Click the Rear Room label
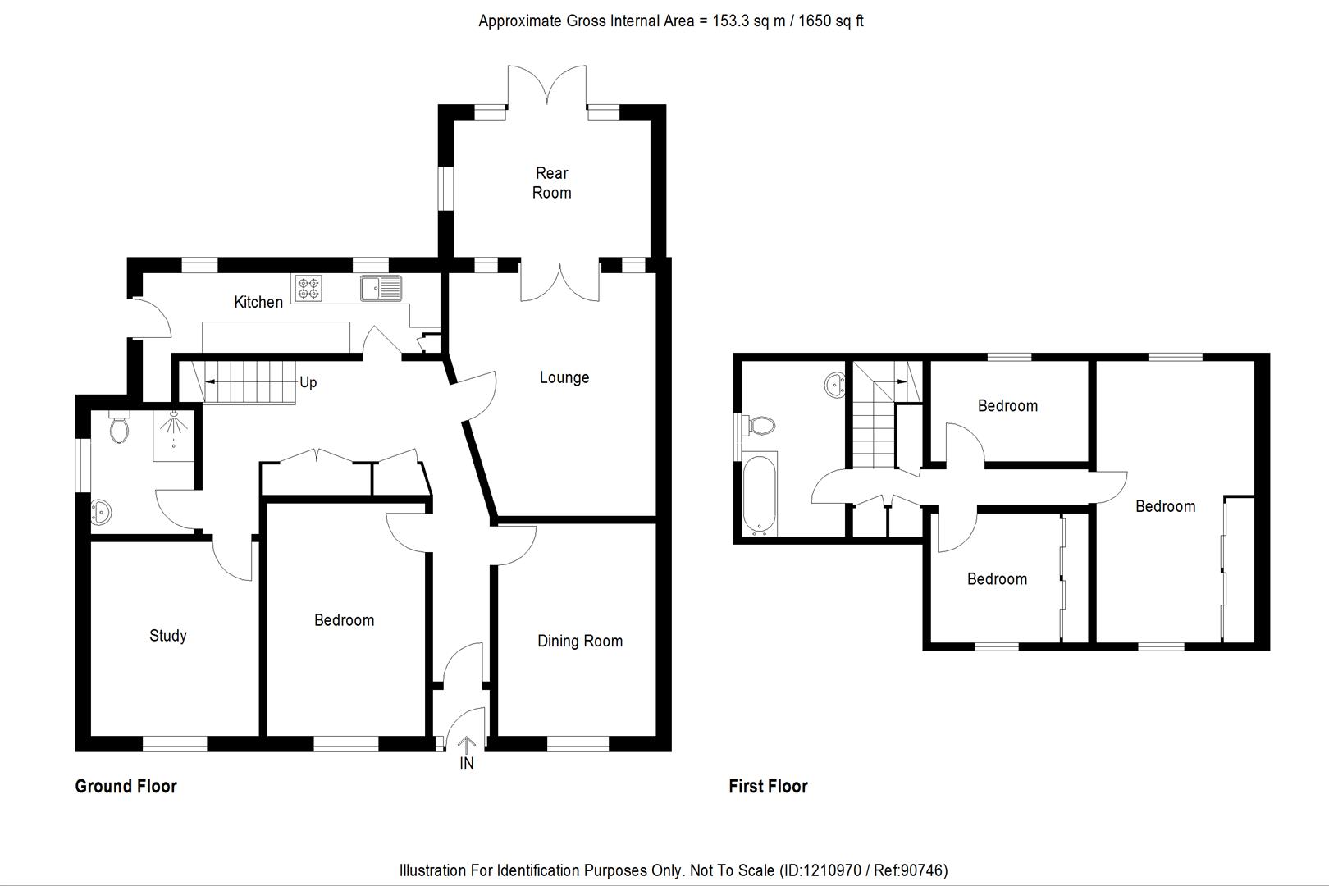coord(551,183)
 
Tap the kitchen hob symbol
coord(308,287)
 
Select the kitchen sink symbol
coord(381,288)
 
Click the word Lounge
coord(564,377)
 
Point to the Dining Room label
coord(579,641)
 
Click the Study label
coord(167,635)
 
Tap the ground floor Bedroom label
coord(344,620)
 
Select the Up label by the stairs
coord(308,382)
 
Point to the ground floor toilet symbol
coord(119,428)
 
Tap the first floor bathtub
coord(758,495)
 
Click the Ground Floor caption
coord(126,786)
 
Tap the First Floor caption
coord(768,786)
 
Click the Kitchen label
coord(258,302)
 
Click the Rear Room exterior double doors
coord(547,89)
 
